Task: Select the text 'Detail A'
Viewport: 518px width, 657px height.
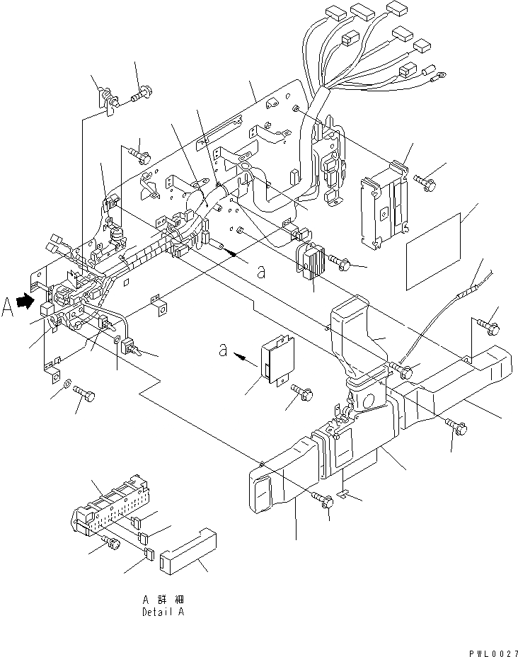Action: pos(163,612)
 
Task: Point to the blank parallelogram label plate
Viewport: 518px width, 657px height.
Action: pos(435,248)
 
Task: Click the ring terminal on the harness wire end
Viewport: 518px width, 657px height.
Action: pos(441,72)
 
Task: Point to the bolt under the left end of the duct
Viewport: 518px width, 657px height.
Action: pos(326,501)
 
